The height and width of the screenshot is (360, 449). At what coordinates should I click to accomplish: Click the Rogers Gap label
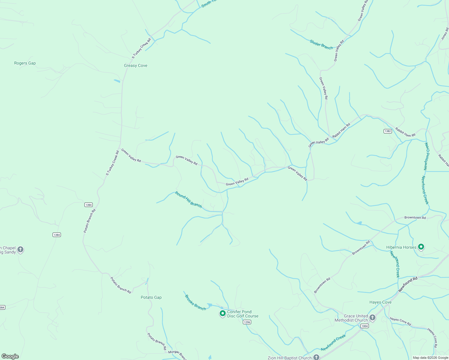pos(25,63)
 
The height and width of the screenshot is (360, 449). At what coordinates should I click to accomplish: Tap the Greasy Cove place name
pos(136,65)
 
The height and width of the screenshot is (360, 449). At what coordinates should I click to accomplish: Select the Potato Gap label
pos(151,297)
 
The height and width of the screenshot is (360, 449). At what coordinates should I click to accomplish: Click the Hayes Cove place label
pos(381,302)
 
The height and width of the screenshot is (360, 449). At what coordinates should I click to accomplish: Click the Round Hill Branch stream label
pos(188,199)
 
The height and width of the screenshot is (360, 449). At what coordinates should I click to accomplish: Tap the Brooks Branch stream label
pos(195,302)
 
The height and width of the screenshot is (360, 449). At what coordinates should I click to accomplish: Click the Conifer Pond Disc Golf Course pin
pos(222,313)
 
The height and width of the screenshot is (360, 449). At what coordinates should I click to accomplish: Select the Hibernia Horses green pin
pos(421,247)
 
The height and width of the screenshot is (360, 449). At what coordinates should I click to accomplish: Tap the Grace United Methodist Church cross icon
pos(372,318)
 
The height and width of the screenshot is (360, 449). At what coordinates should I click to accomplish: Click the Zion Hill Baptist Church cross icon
pos(316,357)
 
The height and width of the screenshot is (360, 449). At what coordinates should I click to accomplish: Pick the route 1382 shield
pos(387,131)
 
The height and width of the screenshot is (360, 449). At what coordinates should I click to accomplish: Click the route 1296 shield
pos(247,322)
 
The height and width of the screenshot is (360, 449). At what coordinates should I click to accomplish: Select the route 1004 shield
pos(364,326)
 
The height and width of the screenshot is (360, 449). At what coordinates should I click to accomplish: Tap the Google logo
pos(10,356)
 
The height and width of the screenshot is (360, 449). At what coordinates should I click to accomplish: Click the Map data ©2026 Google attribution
pos(430,358)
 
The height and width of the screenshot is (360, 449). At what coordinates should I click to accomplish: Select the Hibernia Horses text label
pos(401,247)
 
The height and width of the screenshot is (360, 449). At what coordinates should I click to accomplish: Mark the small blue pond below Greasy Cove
pos(117,81)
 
